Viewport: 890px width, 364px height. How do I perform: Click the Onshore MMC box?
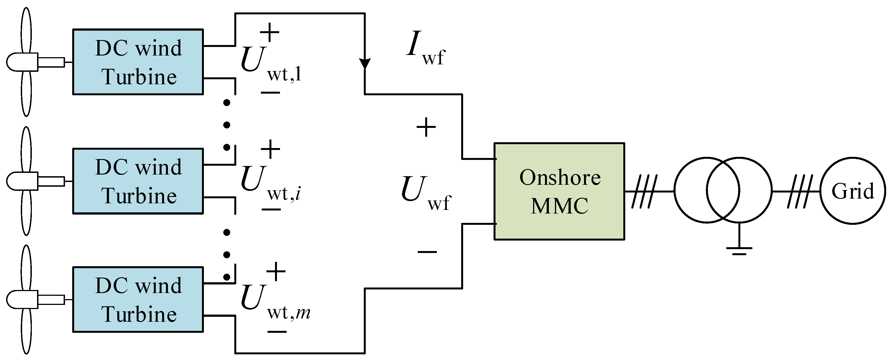pos(559,191)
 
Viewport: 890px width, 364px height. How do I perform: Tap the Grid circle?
pos(853,191)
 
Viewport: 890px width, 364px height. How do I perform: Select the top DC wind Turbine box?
pos(138,62)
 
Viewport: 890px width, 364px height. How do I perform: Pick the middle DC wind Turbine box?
pos(138,181)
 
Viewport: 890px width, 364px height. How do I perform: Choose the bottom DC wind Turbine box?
pos(138,299)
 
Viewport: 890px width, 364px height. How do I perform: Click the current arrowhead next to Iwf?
pos(365,64)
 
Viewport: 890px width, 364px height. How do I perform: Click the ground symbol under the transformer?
pos(739,250)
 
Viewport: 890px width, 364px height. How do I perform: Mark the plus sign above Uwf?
pos(426,127)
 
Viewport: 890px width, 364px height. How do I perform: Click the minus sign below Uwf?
pos(427,252)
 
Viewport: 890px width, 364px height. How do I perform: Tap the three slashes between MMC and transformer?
pos(644,191)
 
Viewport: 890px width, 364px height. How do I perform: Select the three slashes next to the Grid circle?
pos(800,191)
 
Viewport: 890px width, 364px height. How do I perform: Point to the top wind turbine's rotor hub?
pos(21,62)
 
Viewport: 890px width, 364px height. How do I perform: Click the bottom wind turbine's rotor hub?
pos(21,299)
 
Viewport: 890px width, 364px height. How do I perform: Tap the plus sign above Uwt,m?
pos(276,272)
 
